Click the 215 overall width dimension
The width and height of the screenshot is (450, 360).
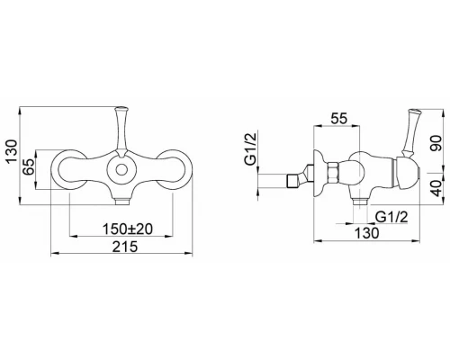(125, 247)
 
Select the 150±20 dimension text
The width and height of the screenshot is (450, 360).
(128, 229)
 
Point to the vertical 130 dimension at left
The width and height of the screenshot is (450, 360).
(13, 151)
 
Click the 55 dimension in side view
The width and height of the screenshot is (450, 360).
(338, 119)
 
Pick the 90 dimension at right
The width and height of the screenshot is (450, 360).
(436, 143)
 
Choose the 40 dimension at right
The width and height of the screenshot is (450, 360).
(436, 188)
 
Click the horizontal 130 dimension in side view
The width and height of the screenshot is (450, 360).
(366, 233)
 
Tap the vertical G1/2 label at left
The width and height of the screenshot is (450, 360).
(251, 149)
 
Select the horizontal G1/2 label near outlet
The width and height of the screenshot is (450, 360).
(392, 217)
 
